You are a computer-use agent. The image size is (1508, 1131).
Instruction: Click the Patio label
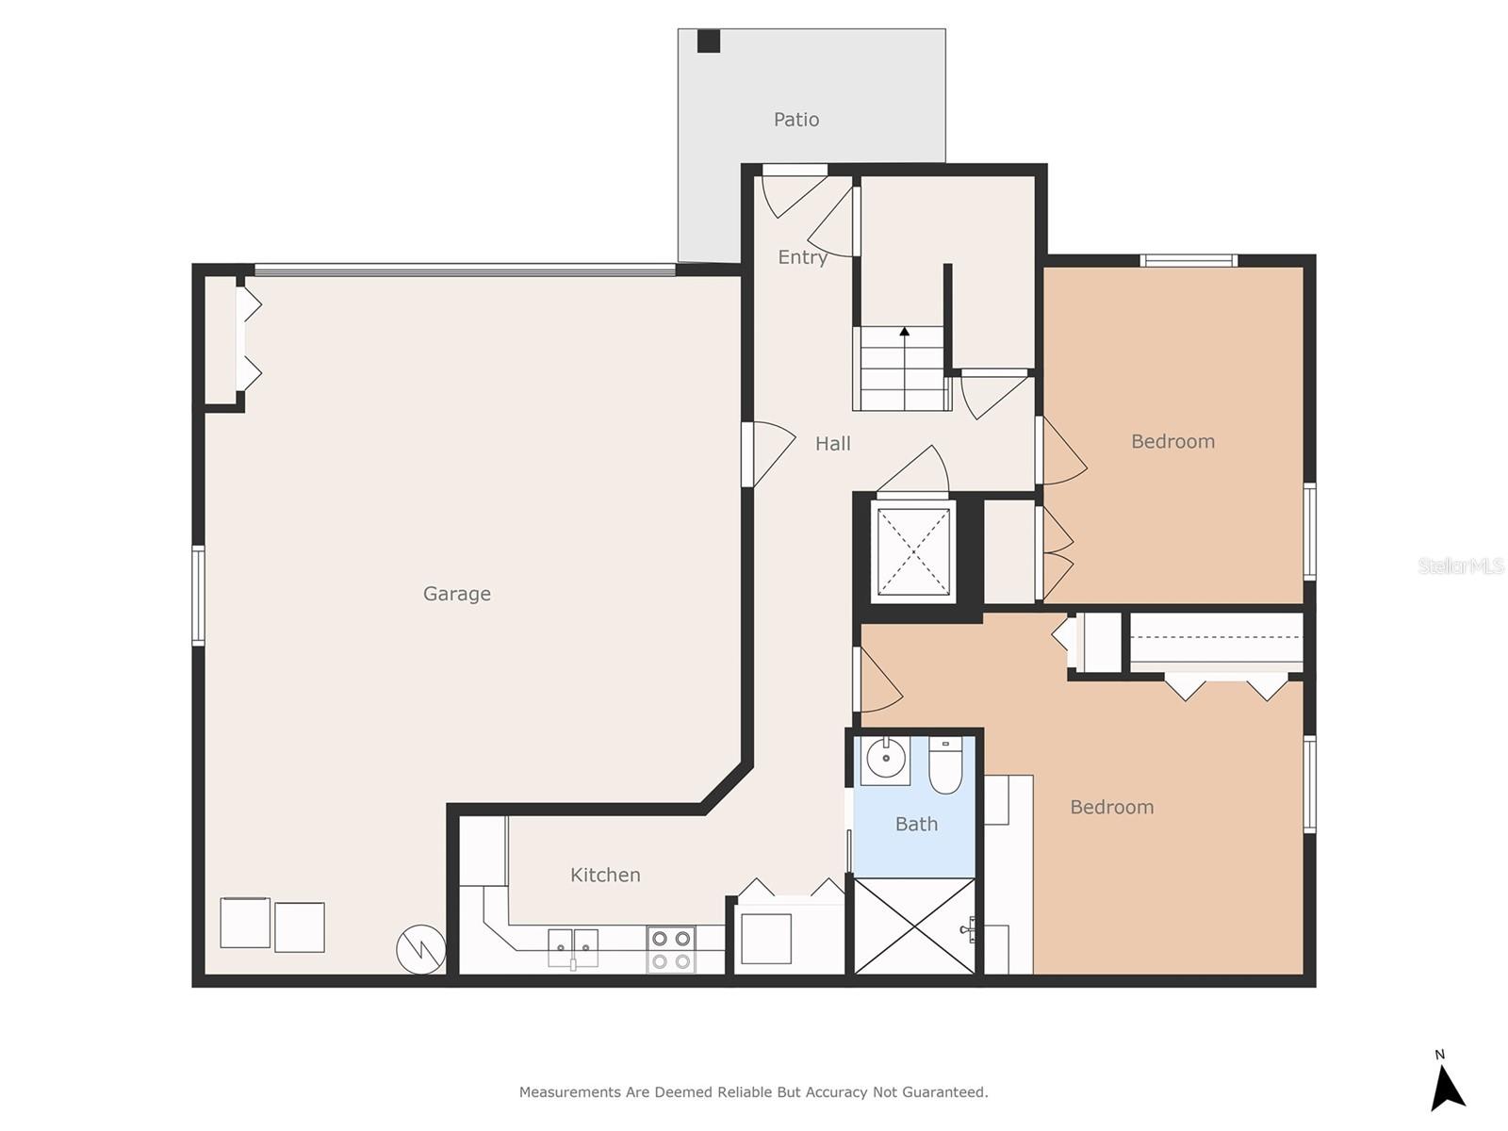point(795,120)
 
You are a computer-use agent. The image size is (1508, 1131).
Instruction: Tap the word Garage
point(456,594)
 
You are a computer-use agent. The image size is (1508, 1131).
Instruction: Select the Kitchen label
point(604,875)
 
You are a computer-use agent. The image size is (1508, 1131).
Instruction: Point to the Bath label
point(916,824)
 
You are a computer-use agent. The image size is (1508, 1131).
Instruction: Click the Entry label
point(802,257)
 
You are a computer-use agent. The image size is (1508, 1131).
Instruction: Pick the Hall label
point(832,444)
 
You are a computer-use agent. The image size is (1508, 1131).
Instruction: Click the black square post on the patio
point(709,41)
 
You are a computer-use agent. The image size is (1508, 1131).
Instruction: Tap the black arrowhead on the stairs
point(904,332)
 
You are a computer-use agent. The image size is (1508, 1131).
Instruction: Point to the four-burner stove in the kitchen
point(670,949)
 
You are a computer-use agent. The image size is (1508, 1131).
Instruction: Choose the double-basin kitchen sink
point(572,947)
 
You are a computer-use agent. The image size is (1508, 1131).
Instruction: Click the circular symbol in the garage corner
point(420,949)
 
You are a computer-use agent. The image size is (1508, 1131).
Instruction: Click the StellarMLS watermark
point(1461,565)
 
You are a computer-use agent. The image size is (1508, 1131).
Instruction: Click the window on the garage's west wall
point(198,596)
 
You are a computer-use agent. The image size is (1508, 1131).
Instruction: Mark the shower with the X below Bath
point(913,926)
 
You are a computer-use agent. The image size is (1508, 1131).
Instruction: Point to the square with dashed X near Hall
point(913,551)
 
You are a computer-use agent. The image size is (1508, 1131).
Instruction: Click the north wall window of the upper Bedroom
point(1188,260)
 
